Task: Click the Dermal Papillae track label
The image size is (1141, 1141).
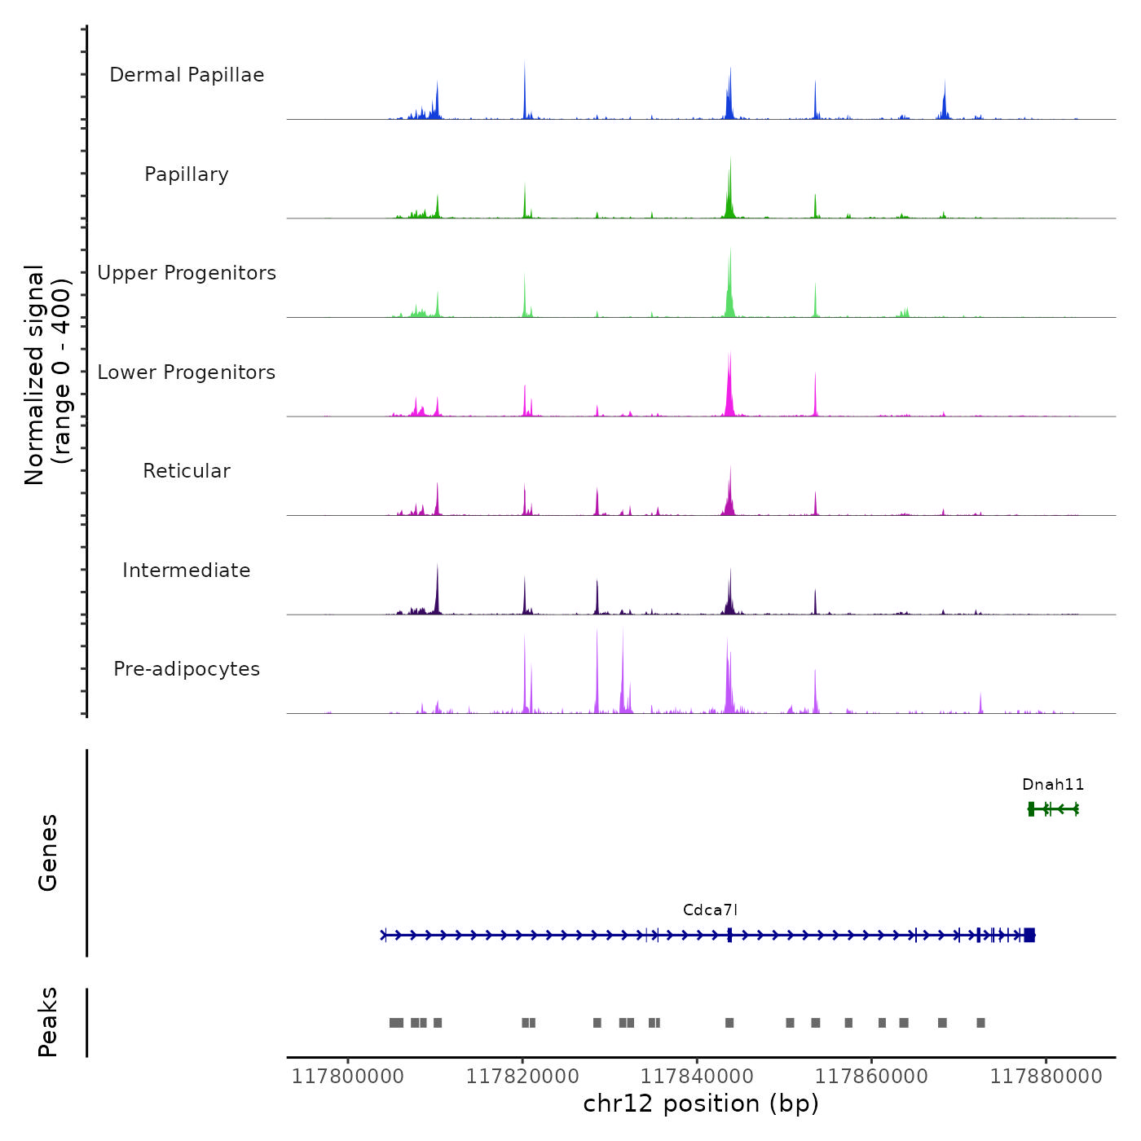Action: (x=187, y=75)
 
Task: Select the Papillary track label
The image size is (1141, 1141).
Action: (x=187, y=174)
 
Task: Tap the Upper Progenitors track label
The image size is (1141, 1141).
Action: (x=187, y=273)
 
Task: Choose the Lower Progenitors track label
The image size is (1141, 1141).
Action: (x=187, y=372)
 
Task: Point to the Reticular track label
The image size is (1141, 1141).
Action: (x=187, y=471)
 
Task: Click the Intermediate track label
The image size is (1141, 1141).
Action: (x=187, y=570)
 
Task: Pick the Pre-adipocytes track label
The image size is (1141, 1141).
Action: (x=187, y=669)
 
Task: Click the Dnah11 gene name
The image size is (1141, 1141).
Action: (x=1053, y=785)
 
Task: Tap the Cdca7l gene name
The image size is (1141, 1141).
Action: (x=710, y=910)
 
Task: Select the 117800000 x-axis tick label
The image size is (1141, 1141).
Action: (x=348, y=1077)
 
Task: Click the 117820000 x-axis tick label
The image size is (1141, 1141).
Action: (x=522, y=1077)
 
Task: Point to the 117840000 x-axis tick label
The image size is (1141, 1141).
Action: (x=697, y=1077)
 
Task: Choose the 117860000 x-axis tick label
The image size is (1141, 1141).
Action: (x=871, y=1077)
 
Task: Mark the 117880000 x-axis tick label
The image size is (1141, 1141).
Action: (x=1046, y=1077)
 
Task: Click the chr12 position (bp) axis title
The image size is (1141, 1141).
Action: (x=701, y=1104)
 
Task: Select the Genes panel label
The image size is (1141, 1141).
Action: (x=48, y=852)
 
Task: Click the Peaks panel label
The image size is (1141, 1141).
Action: (x=48, y=1022)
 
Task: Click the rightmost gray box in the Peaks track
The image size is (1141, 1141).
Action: (x=980, y=1023)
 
